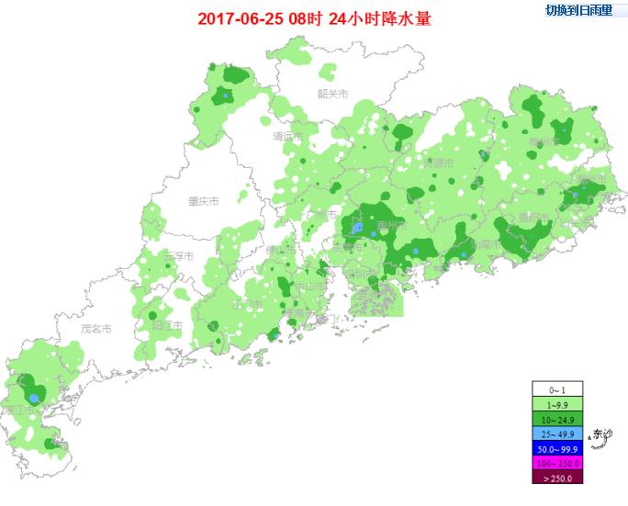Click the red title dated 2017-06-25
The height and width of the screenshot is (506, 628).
click(x=315, y=17)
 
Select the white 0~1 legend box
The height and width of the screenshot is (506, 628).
click(x=557, y=390)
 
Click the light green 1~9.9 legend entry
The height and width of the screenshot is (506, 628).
click(x=557, y=405)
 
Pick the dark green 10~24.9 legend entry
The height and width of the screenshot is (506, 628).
click(x=557, y=419)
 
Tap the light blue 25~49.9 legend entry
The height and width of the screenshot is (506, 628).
click(x=557, y=433)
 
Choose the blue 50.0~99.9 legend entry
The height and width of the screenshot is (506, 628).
click(x=557, y=448)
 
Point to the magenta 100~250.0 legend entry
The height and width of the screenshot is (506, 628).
click(x=557, y=463)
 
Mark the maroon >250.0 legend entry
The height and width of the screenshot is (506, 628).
click(x=557, y=478)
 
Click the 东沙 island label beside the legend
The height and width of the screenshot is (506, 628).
click(x=602, y=433)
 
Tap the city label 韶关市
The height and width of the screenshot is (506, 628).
click(x=333, y=94)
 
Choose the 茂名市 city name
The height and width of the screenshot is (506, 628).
click(x=95, y=328)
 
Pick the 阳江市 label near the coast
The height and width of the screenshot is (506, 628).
click(x=166, y=326)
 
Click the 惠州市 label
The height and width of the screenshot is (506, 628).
click(x=387, y=225)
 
